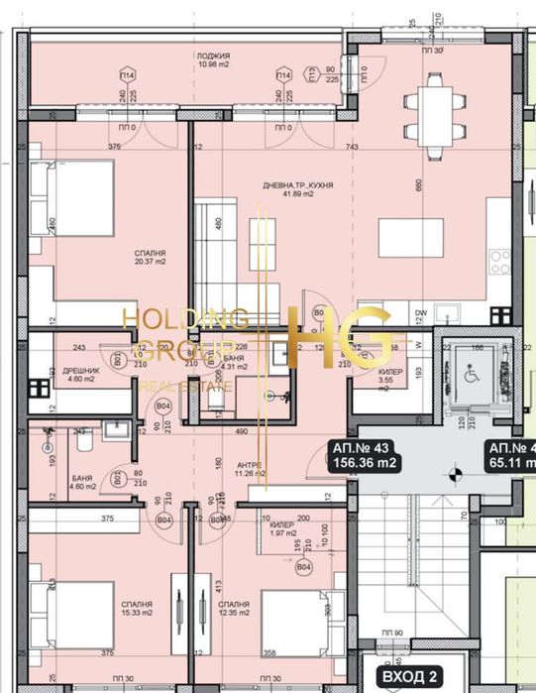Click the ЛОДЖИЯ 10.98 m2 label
213,61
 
